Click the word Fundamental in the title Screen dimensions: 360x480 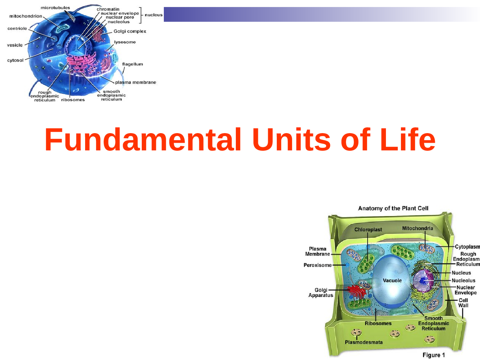(143, 140)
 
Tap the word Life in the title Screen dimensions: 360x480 (408, 140)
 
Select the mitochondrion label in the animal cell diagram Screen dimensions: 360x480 (25, 16)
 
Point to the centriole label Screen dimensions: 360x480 (17, 28)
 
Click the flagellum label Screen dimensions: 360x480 (132, 64)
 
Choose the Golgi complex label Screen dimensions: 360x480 (130, 31)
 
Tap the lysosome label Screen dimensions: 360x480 (125, 42)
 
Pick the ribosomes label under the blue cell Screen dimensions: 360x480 (73, 100)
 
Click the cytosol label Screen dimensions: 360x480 (15, 60)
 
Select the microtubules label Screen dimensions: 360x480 (55, 8)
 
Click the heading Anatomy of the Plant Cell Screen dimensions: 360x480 (393, 208)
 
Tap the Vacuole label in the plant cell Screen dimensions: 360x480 (392, 280)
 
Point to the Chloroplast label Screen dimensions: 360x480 (368, 229)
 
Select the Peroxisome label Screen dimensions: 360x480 (318, 265)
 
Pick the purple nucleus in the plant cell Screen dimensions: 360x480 (423, 280)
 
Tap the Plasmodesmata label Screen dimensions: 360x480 (364, 342)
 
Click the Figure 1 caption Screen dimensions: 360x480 (433, 355)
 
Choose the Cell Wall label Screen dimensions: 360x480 (463, 303)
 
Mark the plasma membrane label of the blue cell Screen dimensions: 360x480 (135, 82)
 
